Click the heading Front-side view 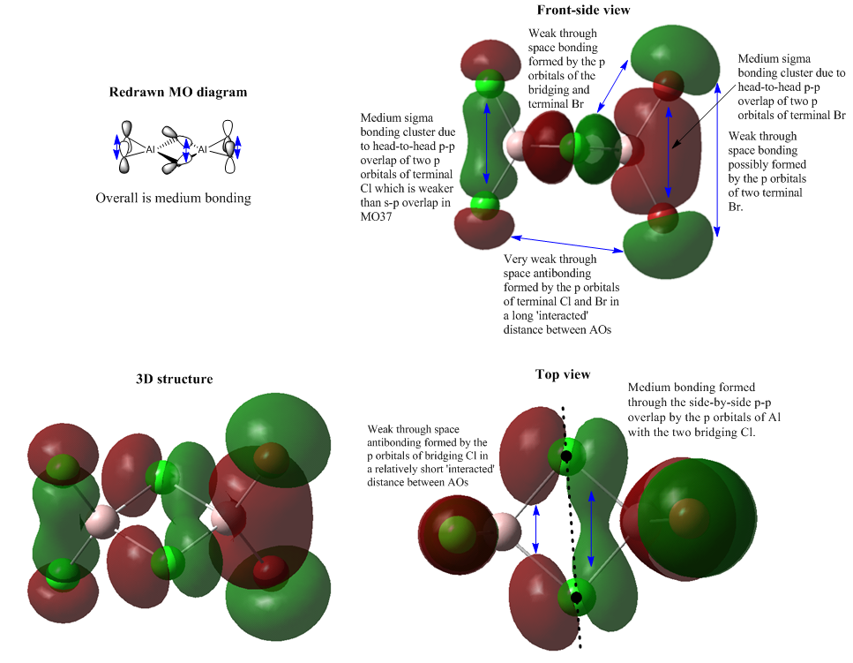(583, 10)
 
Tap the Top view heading (563, 374)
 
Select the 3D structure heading (174, 379)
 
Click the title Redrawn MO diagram (178, 92)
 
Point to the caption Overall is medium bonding (173, 198)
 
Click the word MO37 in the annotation (376, 216)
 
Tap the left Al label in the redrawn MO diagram (150, 148)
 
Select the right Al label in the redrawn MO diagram (202, 148)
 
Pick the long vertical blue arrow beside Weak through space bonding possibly (717, 160)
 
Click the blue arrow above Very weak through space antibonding (567, 244)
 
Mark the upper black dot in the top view (566, 456)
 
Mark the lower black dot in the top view (576, 598)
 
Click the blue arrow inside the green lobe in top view (591, 529)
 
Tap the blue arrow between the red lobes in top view (535, 530)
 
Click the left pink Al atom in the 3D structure (102, 521)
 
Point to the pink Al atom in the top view (505, 531)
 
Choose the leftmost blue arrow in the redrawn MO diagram (116, 147)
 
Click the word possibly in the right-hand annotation (767, 165)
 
